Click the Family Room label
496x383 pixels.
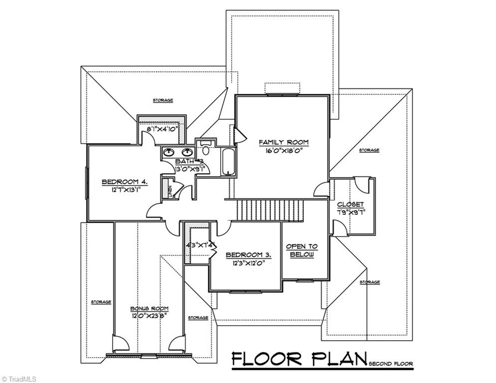coord(283,143)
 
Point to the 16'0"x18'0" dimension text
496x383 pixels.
coord(283,152)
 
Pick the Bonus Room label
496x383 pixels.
coord(149,309)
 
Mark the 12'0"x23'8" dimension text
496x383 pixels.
coord(149,316)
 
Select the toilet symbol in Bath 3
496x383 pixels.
coord(205,148)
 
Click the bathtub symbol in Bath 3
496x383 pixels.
coord(229,162)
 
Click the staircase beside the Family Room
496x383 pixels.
coord(270,210)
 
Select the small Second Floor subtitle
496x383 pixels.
coord(391,364)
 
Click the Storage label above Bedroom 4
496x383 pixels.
coord(163,100)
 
